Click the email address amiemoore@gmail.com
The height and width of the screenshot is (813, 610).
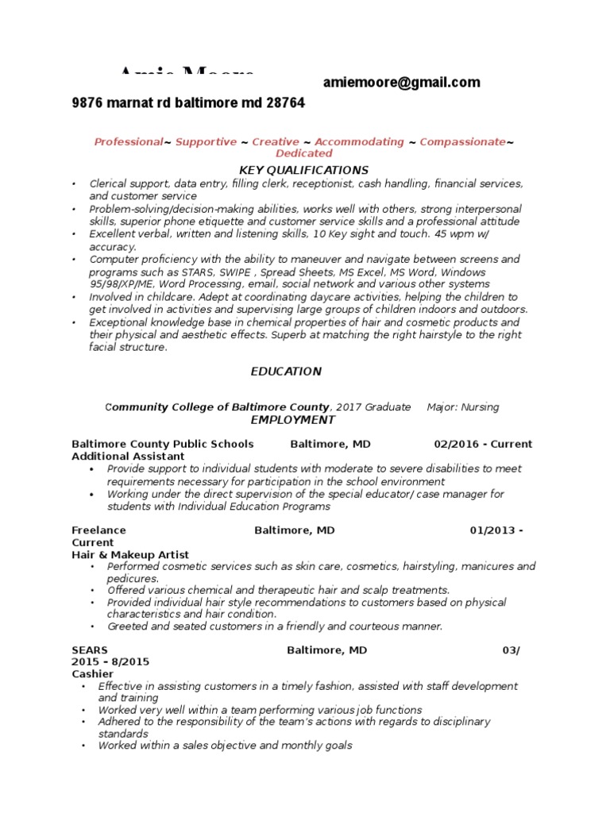pos(401,83)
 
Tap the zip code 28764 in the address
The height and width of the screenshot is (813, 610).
pos(288,104)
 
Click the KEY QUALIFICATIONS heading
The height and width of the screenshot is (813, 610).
pos(304,170)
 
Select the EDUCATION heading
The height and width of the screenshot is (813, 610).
pos(286,371)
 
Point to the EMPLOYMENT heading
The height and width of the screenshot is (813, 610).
pos(292,419)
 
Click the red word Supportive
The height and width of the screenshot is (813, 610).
pos(206,141)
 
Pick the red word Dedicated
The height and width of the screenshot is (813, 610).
pos(303,153)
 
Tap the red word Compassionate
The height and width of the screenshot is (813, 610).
pos(462,141)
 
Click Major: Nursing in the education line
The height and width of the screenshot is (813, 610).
pos(462,407)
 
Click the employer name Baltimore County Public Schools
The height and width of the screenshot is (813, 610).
pos(163,444)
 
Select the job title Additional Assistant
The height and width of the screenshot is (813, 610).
pos(128,457)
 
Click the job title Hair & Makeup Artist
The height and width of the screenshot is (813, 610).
pos(130,554)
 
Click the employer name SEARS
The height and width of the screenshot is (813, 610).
pos(89,649)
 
